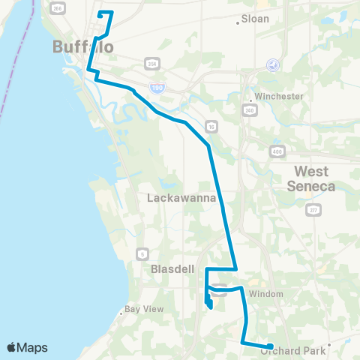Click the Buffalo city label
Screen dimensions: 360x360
point(83,47)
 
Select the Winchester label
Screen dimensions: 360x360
point(278,97)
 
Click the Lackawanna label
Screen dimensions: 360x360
point(181,199)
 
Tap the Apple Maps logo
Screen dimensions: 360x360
point(28,347)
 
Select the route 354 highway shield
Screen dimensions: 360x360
point(152,62)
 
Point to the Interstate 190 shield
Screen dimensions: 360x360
point(157,88)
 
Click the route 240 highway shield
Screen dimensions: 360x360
point(248,110)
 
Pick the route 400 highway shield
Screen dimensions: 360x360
point(278,151)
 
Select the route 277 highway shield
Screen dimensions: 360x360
point(312,211)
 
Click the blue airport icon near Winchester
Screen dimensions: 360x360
point(273,65)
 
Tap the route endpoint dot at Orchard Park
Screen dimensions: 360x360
point(270,346)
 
